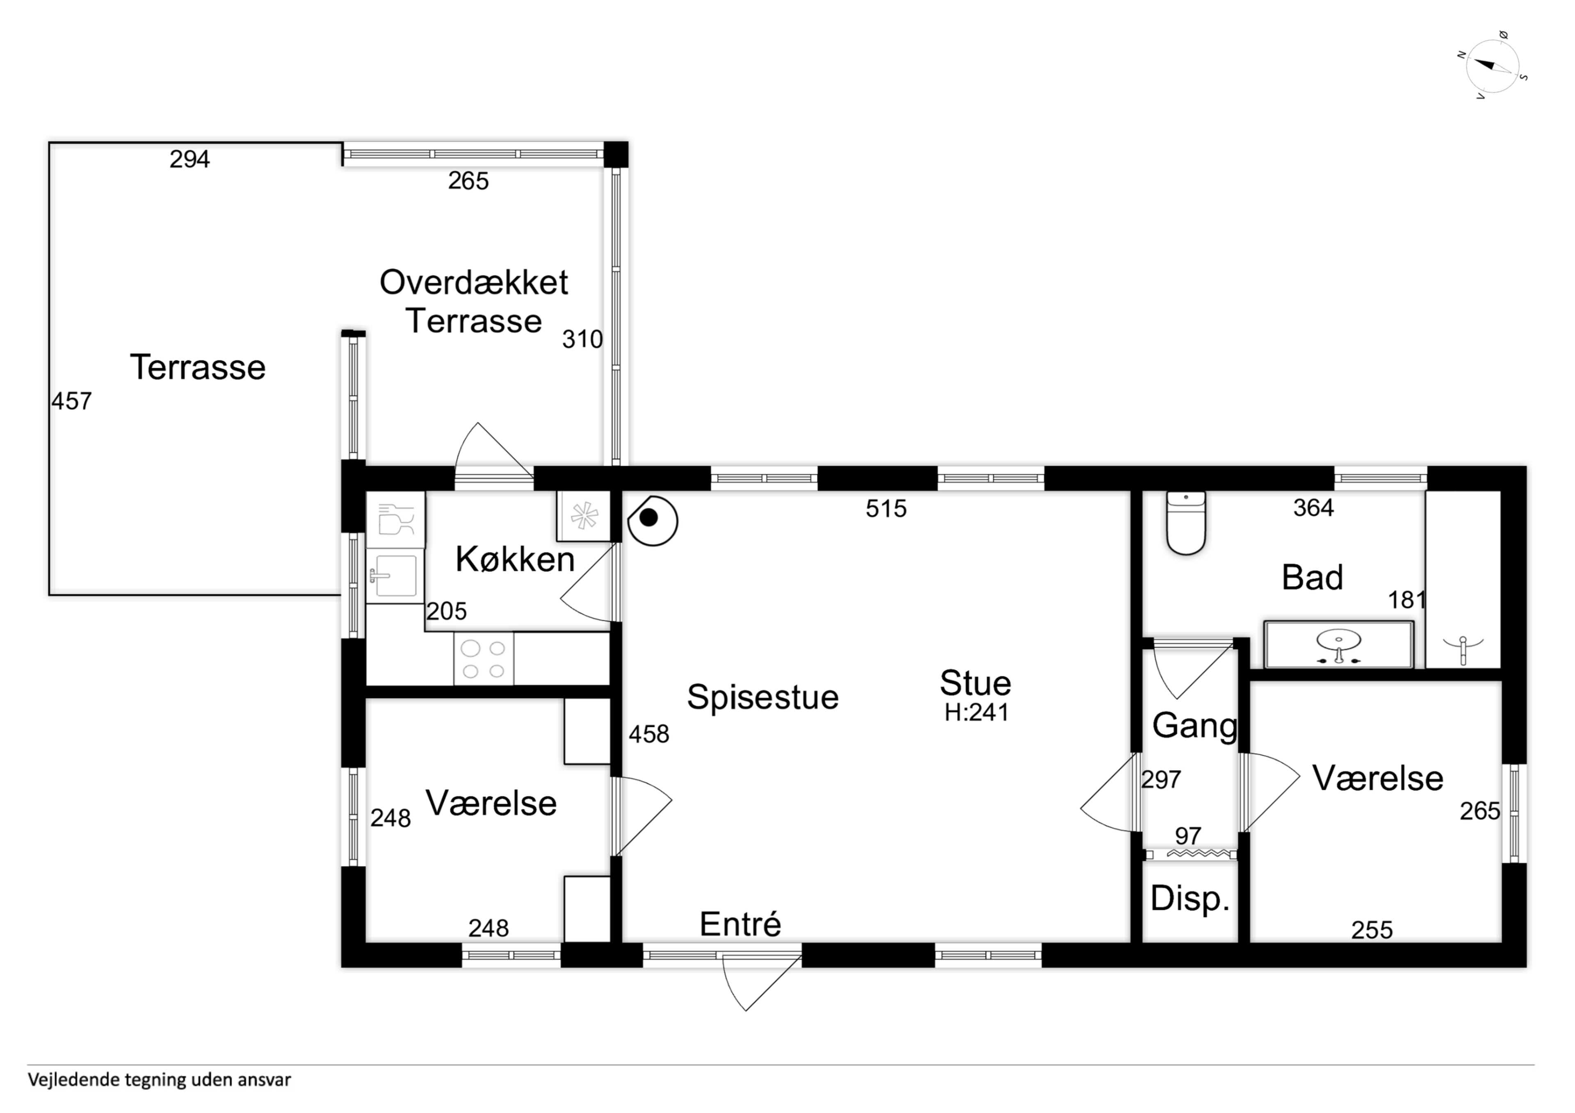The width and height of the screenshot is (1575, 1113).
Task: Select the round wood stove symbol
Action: [653, 521]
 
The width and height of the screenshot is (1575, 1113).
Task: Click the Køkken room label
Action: [514, 560]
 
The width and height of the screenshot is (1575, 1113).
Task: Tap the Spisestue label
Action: [763, 697]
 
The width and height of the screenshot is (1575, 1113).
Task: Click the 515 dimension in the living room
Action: [886, 508]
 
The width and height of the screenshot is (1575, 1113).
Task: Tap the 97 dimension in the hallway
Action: [1188, 835]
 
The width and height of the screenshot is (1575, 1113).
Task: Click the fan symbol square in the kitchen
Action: [584, 516]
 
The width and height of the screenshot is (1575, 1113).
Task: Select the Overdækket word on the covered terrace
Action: [474, 282]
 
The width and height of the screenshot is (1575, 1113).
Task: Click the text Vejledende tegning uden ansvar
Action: [159, 1080]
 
